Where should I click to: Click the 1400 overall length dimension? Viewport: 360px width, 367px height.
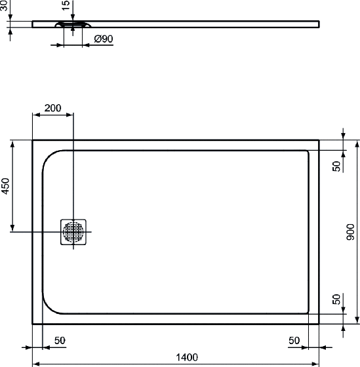(x=187, y=357)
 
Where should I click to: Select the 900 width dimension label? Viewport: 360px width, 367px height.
(x=351, y=232)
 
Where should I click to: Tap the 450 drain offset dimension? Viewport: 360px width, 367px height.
(x=5, y=186)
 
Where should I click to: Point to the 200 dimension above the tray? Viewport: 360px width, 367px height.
(x=52, y=108)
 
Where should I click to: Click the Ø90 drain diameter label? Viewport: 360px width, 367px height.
(x=104, y=39)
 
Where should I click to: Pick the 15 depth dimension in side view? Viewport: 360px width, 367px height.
(x=66, y=5)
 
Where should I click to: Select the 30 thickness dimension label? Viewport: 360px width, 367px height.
(x=4, y=6)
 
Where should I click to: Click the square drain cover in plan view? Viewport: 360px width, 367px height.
(x=73, y=232)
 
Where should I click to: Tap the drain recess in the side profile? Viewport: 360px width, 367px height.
(x=73, y=24)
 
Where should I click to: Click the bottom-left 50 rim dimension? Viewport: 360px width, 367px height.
(x=60, y=341)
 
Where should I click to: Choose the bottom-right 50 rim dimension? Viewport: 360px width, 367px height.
(x=294, y=341)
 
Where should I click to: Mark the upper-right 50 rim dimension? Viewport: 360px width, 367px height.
(x=336, y=166)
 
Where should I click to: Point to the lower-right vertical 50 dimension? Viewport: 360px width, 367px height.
(x=336, y=299)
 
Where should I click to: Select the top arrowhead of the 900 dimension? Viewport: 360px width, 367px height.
(x=357, y=144)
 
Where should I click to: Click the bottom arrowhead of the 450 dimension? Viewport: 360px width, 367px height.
(x=12, y=228)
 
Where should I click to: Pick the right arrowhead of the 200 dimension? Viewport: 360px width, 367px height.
(x=70, y=115)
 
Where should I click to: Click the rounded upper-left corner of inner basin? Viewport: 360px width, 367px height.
(x=48, y=157)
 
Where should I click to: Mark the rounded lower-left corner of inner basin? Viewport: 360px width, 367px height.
(x=48, y=307)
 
